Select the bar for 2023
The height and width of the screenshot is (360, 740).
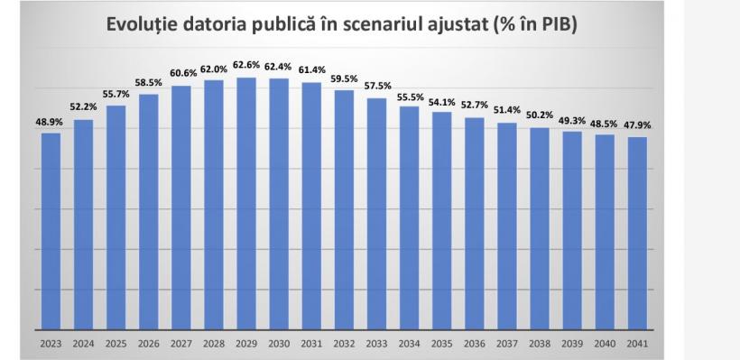coord(51,231)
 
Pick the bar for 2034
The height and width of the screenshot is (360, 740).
coord(409,217)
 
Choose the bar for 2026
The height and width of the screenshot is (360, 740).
coord(148,211)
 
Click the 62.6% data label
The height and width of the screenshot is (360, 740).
coord(246,65)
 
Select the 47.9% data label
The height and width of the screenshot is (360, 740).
coord(637,125)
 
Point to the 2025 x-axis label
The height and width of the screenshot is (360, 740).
coord(116,343)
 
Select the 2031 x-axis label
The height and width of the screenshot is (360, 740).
coord(311,343)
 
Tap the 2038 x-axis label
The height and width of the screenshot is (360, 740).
coord(540,343)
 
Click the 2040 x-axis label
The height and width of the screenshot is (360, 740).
coord(605,343)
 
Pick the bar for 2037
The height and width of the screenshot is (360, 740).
coord(507,226)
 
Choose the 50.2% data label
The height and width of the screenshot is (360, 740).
coord(540,115)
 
